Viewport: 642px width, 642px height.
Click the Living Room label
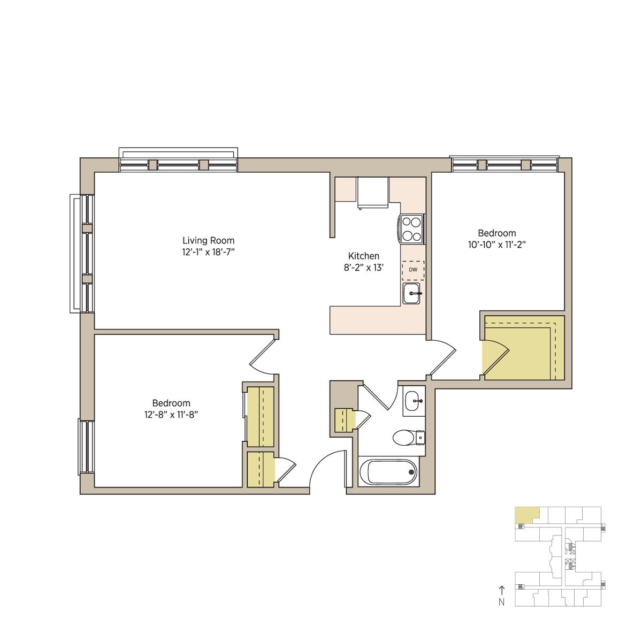[208, 240]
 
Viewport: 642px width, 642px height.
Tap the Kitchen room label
[363, 256]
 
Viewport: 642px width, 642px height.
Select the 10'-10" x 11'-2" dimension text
[496, 245]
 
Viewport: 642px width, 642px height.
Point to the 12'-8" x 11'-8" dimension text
[171, 415]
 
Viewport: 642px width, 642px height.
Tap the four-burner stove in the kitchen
[411, 229]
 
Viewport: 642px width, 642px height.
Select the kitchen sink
[412, 294]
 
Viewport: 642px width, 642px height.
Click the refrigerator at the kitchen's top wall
[373, 193]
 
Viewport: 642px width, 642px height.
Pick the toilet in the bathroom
[409, 438]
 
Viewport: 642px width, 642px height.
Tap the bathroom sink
[414, 401]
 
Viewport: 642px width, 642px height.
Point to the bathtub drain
[411, 472]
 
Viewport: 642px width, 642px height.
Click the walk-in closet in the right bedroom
[523, 348]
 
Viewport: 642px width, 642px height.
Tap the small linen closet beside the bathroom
[345, 421]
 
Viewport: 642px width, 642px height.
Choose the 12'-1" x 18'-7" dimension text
[208, 252]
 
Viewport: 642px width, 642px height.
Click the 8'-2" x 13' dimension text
[363, 267]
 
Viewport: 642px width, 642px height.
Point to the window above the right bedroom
[505, 164]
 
